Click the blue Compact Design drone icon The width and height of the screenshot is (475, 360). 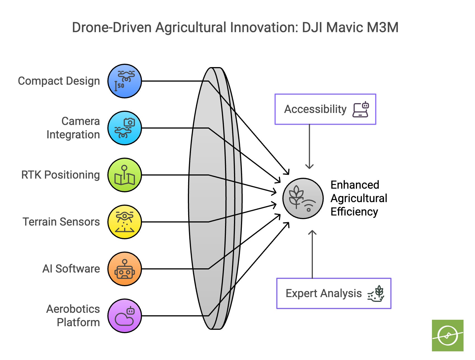[125, 81]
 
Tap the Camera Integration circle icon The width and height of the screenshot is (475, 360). [125, 128]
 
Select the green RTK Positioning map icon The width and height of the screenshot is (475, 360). [125, 175]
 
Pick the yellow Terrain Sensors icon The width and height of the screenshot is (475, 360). [125, 222]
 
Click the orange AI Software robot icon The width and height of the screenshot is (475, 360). [125, 269]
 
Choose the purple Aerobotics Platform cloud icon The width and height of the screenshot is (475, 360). [125, 316]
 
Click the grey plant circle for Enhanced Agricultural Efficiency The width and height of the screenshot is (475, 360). [303, 198]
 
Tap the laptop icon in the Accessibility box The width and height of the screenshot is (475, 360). [361, 109]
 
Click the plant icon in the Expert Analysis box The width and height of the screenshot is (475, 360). [376, 293]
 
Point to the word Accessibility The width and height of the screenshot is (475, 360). [315, 109]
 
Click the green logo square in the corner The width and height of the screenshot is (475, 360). [448, 335]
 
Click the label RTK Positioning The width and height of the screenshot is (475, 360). [61, 175]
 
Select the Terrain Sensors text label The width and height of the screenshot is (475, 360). [61, 222]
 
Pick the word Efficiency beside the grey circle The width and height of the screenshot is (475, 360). [354, 212]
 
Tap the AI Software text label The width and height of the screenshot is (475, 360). [71, 269]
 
